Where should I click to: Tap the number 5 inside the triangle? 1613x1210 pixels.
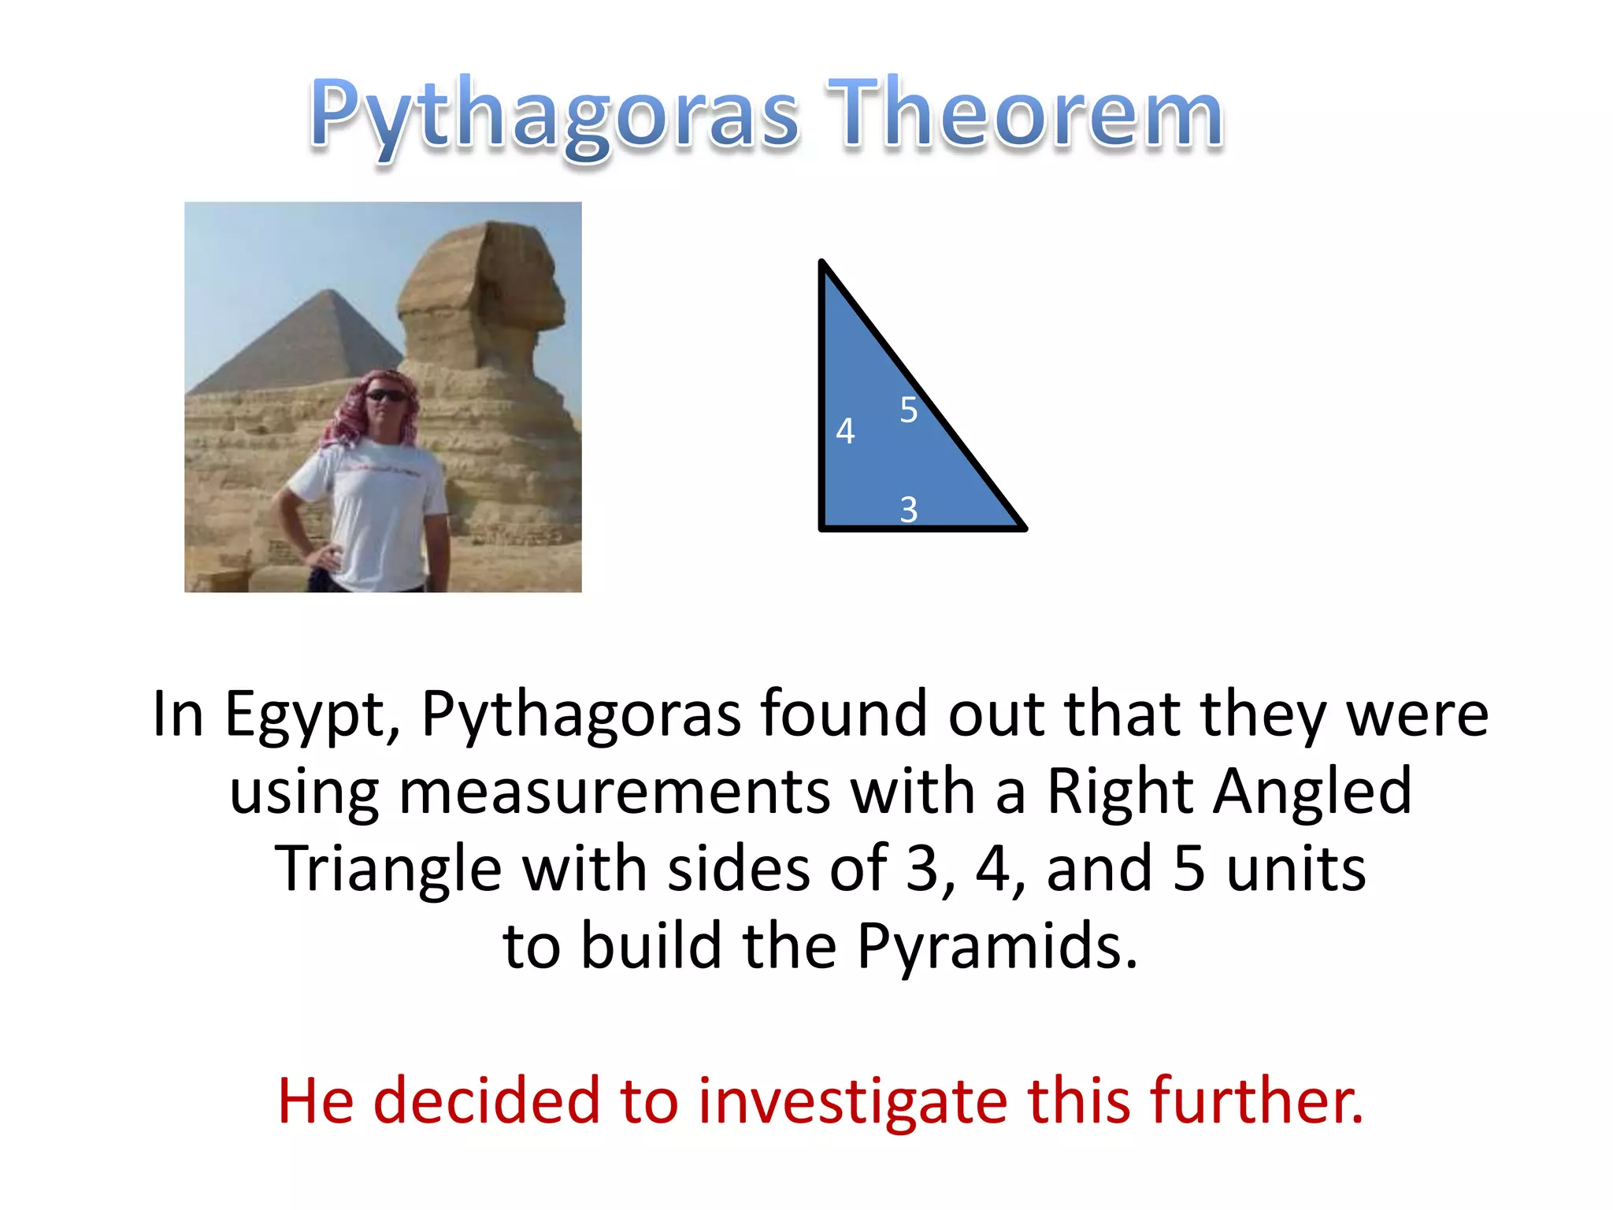tap(908, 410)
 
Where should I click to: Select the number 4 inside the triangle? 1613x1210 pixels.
tap(845, 432)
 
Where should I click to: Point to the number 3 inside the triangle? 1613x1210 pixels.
tap(908, 510)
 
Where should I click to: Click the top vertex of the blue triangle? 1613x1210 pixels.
tap(822, 263)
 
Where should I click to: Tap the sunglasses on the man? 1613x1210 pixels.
tap(386, 395)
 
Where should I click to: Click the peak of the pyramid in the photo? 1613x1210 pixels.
tap(332, 292)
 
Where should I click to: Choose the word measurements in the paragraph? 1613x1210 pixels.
tap(614, 792)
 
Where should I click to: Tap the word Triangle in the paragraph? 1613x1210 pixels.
tap(387, 869)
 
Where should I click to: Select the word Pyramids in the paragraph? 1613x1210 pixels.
tap(997, 945)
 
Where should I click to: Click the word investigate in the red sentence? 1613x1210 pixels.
tap(852, 1101)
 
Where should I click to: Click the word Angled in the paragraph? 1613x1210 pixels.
tap(1312, 792)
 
